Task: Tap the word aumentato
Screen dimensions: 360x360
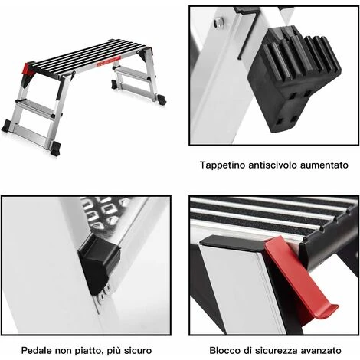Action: pyautogui.click(x=324, y=165)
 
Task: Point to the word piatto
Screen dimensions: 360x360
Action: pyautogui.click(x=88, y=351)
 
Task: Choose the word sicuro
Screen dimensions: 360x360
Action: pyautogui.click(x=138, y=351)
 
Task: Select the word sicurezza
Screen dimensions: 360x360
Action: pyautogui.click(x=277, y=350)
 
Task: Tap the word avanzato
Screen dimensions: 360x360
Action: pyautogui.click(x=321, y=350)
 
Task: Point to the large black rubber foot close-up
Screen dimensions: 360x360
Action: pyautogui.click(x=293, y=79)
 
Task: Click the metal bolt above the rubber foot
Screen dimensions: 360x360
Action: pyautogui.click(x=219, y=21)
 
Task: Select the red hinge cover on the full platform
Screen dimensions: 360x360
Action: pyautogui.click(x=30, y=68)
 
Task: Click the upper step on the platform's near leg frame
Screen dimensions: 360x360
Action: pyautogui.click(x=36, y=105)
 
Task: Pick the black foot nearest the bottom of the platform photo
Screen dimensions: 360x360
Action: pyautogui.click(x=56, y=149)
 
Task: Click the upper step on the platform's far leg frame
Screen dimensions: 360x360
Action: pyautogui.click(x=133, y=70)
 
